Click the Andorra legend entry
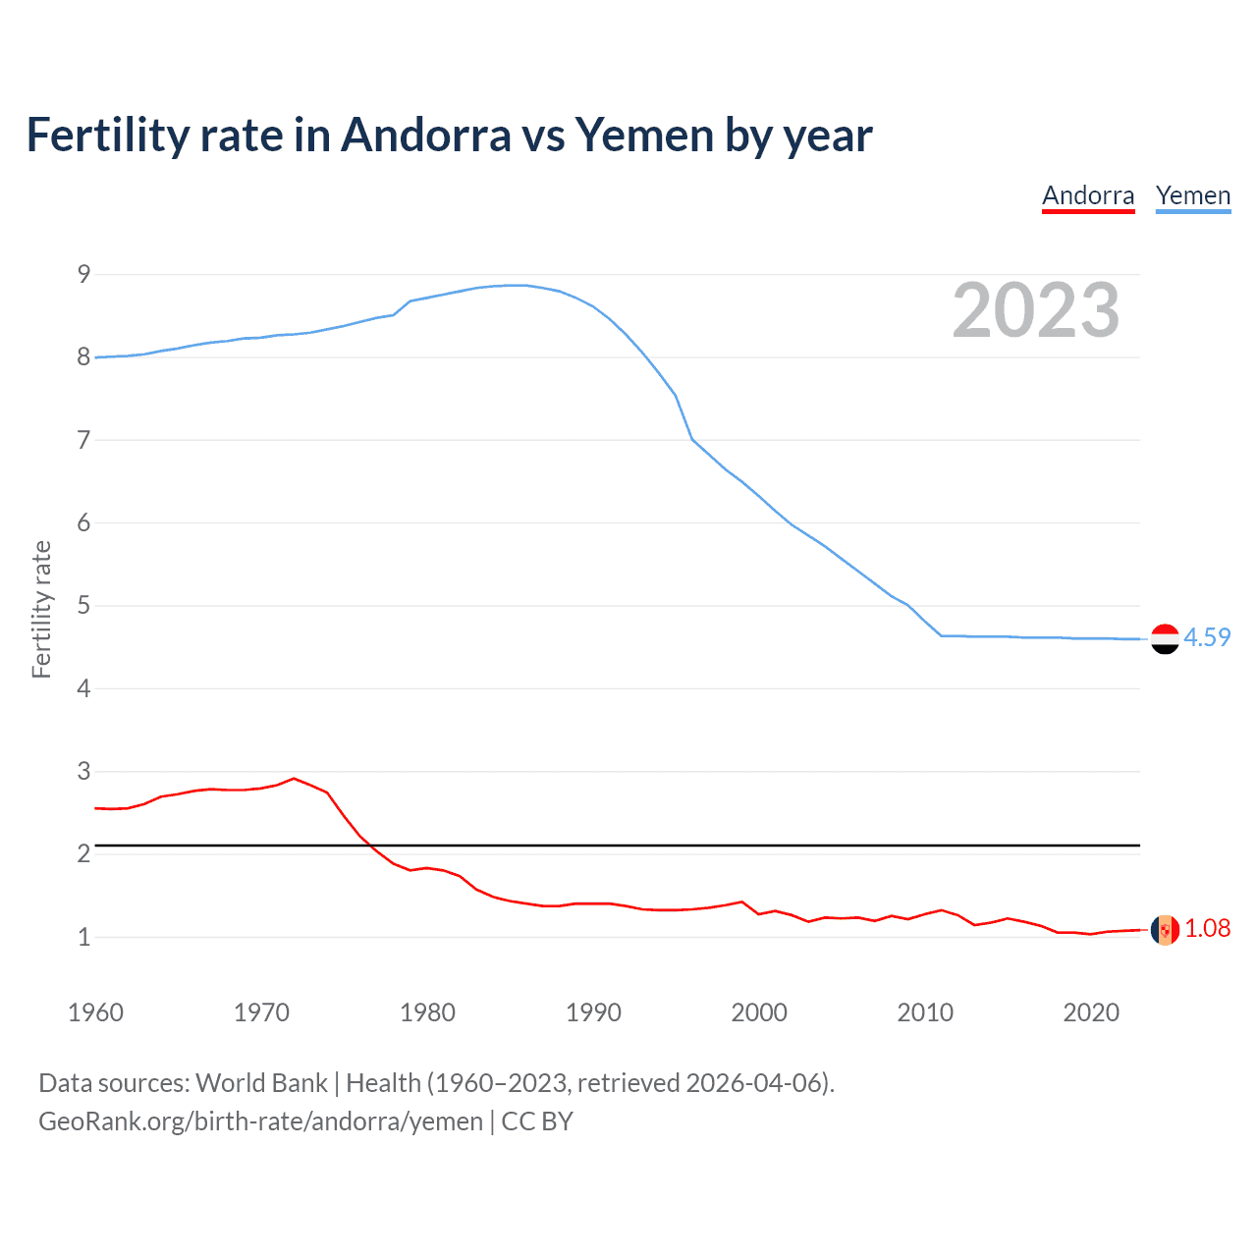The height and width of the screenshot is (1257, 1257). (1088, 195)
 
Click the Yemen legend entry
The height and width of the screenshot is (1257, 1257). (1192, 195)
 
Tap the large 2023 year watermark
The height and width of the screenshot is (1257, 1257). (1035, 310)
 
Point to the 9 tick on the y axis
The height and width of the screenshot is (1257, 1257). (83, 274)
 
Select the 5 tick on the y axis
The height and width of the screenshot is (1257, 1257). (83, 606)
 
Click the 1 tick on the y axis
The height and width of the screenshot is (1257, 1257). (83, 937)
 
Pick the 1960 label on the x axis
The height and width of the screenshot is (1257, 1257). (95, 1012)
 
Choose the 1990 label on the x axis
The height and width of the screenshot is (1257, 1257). (593, 1012)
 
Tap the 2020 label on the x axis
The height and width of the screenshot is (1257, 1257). (1091, 1012)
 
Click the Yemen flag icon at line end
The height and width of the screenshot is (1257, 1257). (1165, 638)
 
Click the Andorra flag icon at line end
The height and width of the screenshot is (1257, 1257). (1165, 929)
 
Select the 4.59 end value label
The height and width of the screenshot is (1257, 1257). (1207, 637)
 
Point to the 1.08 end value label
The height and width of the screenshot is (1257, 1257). (1207, 928)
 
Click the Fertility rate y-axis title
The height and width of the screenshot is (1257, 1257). (41, 609)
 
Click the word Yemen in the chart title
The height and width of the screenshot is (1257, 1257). (644, 136)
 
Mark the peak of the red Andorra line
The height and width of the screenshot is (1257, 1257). (294, 779)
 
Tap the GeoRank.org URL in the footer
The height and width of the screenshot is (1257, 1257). (260, 1121)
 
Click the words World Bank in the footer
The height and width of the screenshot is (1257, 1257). (261, 1083)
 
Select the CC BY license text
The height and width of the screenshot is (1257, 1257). (537, 1121)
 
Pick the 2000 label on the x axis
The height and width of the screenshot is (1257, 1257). (759, 1012)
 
